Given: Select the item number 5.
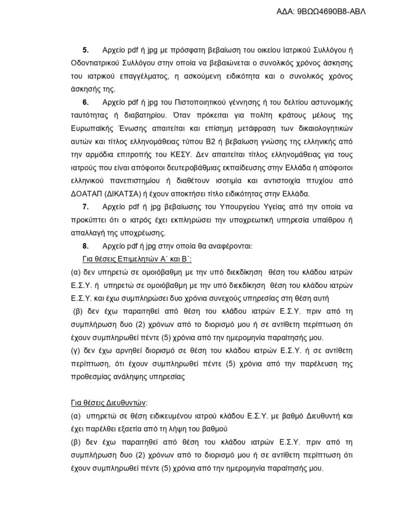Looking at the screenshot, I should (x=86, y=50).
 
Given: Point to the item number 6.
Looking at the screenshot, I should (x=86, y=100).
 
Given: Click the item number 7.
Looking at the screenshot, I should (x=86, y=207).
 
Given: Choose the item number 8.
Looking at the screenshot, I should (x=86, y=244).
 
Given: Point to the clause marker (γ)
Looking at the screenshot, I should (x=76, y=351).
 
